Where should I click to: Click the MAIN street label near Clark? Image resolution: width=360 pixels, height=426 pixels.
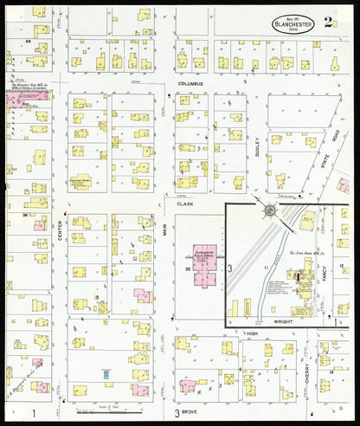164,229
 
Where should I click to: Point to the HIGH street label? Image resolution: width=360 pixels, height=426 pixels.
253,333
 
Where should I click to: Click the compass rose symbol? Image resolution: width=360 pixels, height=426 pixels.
270,210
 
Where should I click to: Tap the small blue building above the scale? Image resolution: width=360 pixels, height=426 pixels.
105,374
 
